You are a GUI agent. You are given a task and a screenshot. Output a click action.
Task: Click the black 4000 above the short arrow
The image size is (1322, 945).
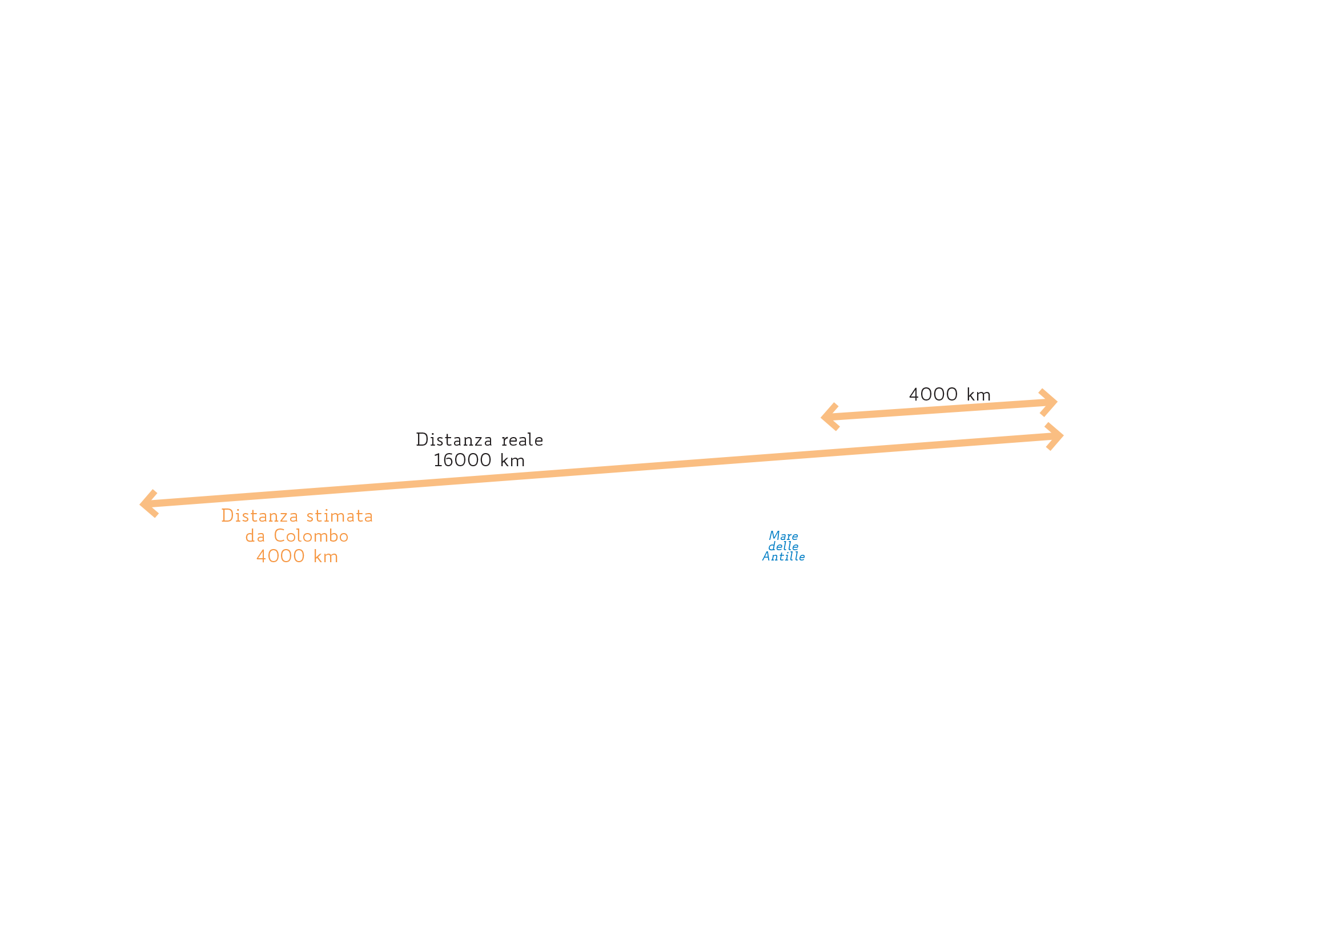pyautogui.click(x=933, y=395)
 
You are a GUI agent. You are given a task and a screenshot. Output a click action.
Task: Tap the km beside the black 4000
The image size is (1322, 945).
pyautogui.click(x=978, y=395)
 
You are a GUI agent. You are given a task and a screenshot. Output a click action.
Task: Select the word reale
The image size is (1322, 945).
pyautogui.click(x=522, y=440)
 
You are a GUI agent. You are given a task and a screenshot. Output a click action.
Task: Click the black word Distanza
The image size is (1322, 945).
pyautogui.click(x=453, y=440)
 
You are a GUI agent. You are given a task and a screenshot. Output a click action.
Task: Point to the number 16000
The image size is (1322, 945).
pyautogui.click(x=463, y=461)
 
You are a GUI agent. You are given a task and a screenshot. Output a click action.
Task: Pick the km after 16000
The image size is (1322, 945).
pyautogui.click(x=512, y=461)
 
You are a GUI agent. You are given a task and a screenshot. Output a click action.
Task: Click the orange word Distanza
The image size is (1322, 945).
pyautogui.click(x=259, y=515)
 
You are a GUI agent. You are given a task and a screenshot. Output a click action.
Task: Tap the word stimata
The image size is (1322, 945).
pyautogui.click(x=340, y=515)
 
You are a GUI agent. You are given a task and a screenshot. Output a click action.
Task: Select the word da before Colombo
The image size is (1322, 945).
pyautogui.click(x=255, y=536)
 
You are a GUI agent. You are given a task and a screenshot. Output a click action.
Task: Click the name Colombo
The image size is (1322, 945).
pyautogui.click(x=311, y=536)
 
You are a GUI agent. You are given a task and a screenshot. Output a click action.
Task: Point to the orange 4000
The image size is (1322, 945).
pyautogui.click(x=280, y=556)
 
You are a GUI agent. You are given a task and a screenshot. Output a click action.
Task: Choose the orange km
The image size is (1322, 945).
pyautogui.click(x=326, y=556)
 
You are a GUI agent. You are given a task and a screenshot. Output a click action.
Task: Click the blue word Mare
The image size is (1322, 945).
pyautogui.click(x=783, y=536)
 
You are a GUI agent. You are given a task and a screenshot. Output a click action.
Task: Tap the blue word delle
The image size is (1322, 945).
pyautogui.click(x=783, y=546)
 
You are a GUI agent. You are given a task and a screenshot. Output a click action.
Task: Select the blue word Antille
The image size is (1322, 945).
pyautogui.click(x=783, y=557)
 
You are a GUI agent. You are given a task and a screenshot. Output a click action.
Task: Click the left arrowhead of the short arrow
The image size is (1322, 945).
pyautogui.click(x=829, y=417)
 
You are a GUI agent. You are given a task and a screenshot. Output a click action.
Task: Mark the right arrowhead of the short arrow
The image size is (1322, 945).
pyautogui.click(x=1048, y=402)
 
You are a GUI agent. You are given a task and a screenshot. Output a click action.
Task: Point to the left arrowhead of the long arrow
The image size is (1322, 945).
pyautogui.click(x=149, y=503)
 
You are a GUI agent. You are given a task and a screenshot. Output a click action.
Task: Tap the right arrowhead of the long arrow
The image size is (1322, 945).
pyautogui.click(x=1055, y=437)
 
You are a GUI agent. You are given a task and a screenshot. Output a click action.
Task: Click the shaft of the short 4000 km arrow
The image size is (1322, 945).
pyautogui.click(x=939, y=410)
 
